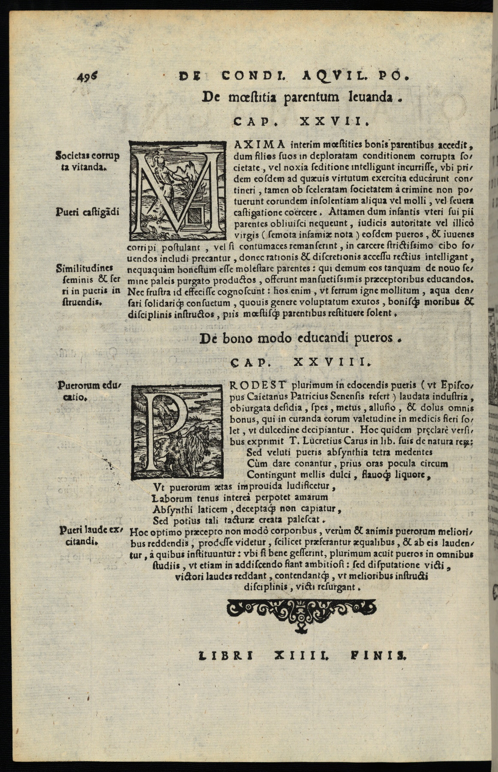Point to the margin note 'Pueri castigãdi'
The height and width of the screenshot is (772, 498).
click(87, 212)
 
